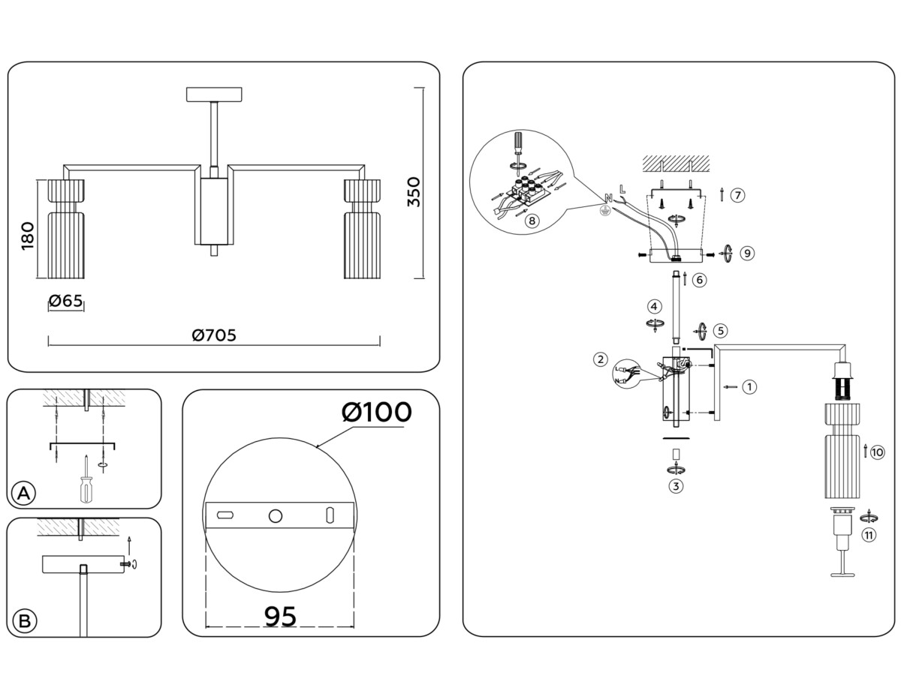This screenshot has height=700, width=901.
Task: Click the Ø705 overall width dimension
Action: pyautogui.click(x=214, y=335)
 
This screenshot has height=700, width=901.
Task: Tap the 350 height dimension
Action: pyautogui.click(x=413, y=193)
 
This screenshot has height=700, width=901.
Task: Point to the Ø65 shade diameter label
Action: pyautogui.click(x=65, y=302)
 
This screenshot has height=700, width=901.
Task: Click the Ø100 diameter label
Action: pyautogui.click(x=376, y=412)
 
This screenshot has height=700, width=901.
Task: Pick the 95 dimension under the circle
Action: pyautogui.click(x=280, y=616)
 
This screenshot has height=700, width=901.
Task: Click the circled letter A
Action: pyautogui.click(x=24, y=493)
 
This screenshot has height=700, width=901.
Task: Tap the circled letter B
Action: pyautogui.click(x=24, y=621)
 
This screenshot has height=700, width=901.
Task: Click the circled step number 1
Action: pyautogui.click(x=749, y=387)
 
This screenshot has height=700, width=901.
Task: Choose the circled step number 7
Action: pyautogui.click(x=737, y=195)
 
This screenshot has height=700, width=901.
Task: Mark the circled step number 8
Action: pyautogui.click(x=531, y=221)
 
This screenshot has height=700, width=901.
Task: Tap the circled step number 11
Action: pyautogui.click(x=869, y=535)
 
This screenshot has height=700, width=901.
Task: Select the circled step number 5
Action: pyautogui.click(x=720, y=329)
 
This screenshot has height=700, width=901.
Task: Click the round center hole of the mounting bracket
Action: pyautogui.click(x=276, y=515)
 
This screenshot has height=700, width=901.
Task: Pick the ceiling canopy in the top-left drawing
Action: pyautogui.click(x=215, y=95)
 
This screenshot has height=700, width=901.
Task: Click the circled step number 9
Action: pyautogui.click(x=746, y=253)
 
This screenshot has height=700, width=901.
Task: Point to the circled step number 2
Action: pyautogui.click(x=600, y=359)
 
